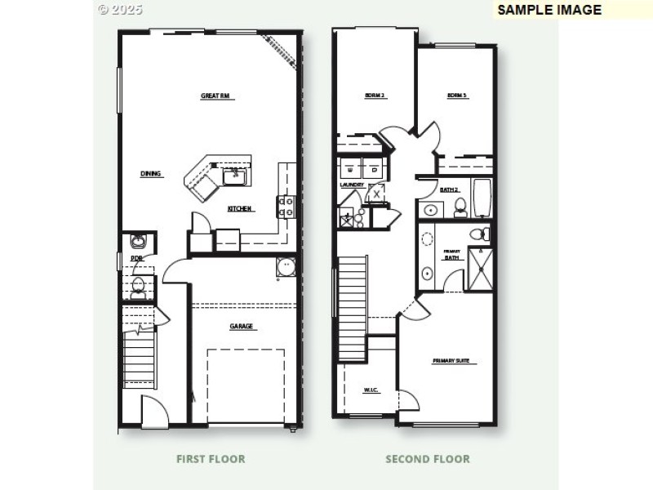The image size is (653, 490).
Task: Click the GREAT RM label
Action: click(217, 96)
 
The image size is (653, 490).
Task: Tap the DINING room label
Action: click(151, 173)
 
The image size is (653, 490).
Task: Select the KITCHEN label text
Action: click(240, 209)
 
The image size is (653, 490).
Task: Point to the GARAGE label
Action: click(241, 327)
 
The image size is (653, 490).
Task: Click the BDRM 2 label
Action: click(375, 96)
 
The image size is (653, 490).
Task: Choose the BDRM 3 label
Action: click(457, 96)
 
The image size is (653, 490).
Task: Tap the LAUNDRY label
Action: click(352, 185)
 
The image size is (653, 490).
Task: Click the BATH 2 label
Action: click(449, 189)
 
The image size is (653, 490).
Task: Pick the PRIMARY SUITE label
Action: click(455, 361)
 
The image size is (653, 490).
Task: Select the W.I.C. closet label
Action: click(372, 390)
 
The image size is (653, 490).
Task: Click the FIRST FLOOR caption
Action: click(211, 459)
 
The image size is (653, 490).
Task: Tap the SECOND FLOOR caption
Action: click(428, 459)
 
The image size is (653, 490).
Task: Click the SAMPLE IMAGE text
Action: click(549, 11)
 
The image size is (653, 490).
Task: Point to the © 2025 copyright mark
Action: click(120, 10)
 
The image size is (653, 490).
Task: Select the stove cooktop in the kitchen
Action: click(287, 207)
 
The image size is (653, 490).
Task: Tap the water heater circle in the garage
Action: click(286, 267)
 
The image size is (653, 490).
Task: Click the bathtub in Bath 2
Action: click(482, 198)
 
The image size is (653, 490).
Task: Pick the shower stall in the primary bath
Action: click(481, 269)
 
